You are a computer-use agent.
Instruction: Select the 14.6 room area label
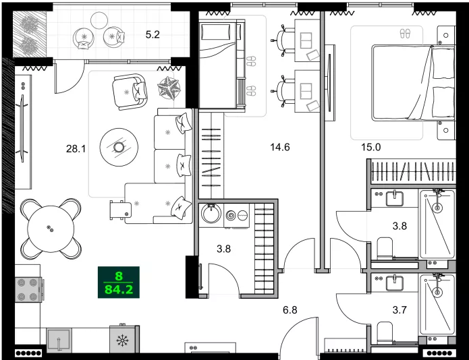[279, 146]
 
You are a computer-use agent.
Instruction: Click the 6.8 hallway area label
[290, 310]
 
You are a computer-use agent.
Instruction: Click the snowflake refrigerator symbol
[123, 340]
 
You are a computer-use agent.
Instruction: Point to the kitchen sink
[59, 340]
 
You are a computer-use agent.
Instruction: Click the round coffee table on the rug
[119, 146]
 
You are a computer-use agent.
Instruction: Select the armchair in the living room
[130, 90]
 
